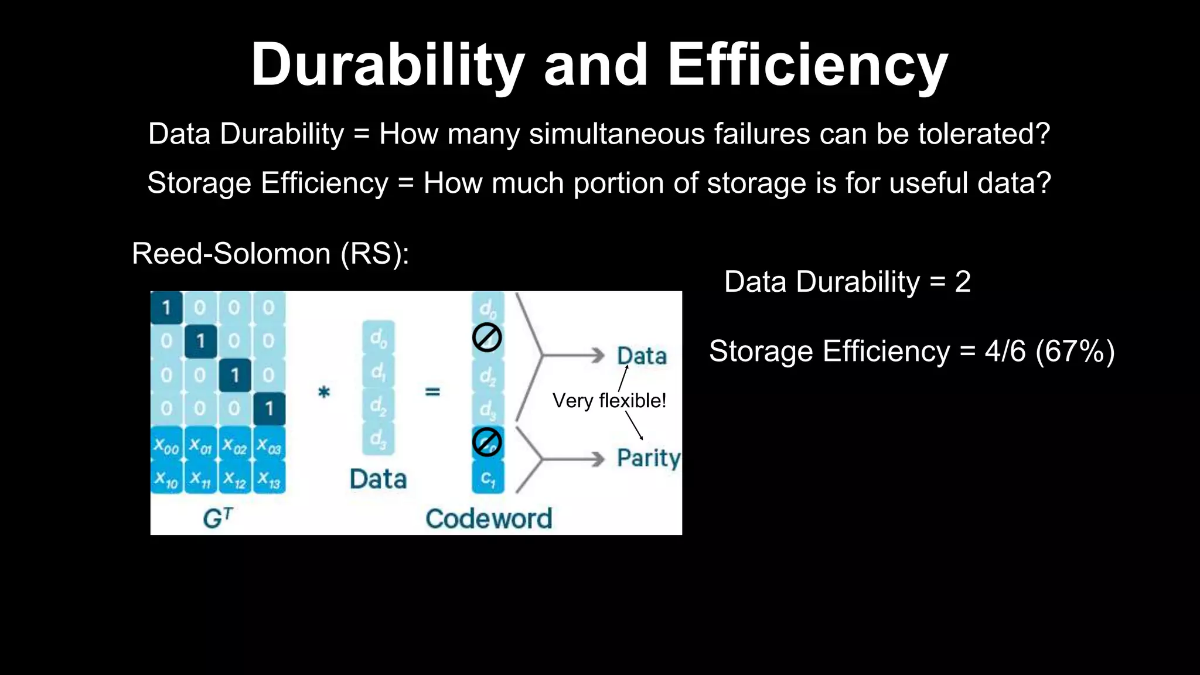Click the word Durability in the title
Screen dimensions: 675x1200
pos(387,66)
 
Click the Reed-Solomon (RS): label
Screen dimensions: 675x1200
pos(270,254)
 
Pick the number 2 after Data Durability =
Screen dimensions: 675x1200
pos(963,282)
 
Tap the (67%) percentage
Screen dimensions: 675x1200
pos(1075,352)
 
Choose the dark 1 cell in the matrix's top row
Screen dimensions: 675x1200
pos(166,307)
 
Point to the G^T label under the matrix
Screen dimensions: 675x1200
pos(218,518)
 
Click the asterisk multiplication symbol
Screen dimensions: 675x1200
pos(323,391)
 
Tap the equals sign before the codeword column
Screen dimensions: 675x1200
pos(432,391)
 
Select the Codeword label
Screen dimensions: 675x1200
pos(489,519)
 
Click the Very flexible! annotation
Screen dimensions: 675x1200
pos(609,401)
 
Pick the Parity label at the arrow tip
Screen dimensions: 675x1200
pos(648,458)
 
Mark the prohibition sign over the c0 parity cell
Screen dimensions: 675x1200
pos(487,442)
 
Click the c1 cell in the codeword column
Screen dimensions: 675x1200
pos(487,478)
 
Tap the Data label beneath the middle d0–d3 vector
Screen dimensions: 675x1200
pos(378,479)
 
